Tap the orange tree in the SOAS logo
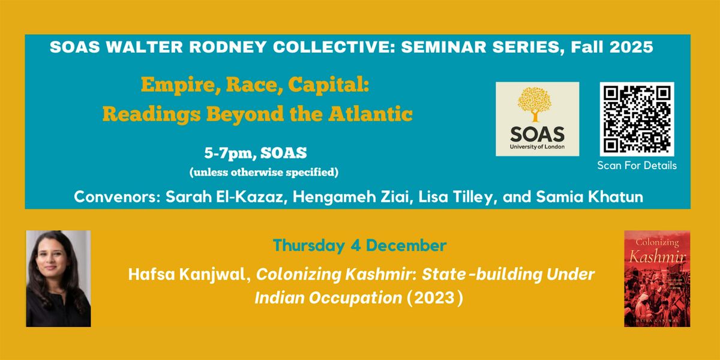coord(536,106)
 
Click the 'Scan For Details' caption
coord(637,166)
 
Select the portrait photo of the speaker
coord(58,278)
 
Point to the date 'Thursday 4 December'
coord(360,245)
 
